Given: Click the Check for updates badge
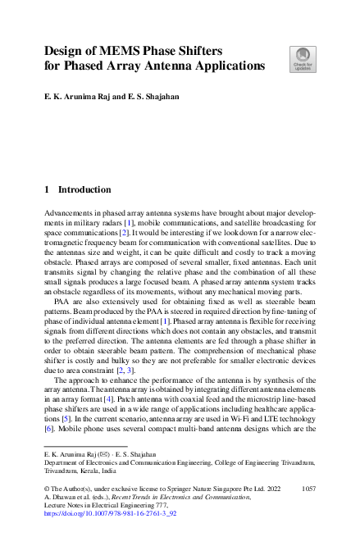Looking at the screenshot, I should (302, 60).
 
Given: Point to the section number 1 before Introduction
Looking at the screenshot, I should (47, 189).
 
